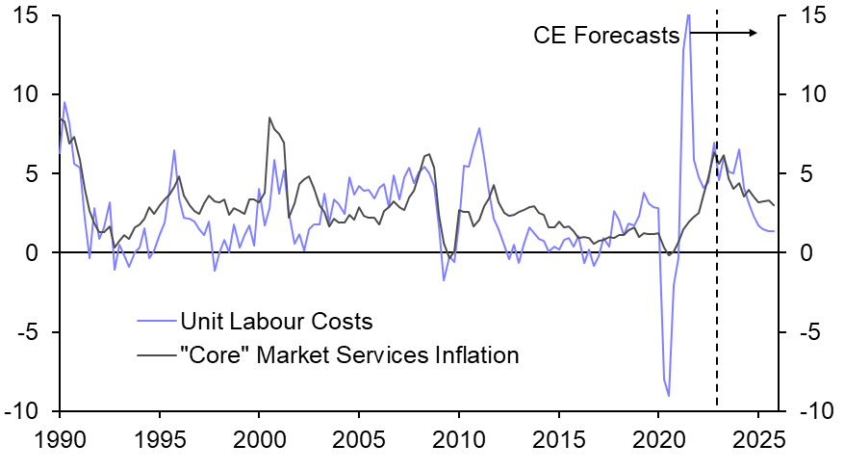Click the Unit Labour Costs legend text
(276, 321)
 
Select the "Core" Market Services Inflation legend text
(349, 355)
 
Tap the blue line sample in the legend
(153, 321)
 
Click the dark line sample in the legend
(153, 355)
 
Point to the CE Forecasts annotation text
(606, 36)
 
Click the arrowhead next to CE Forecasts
(755, 33)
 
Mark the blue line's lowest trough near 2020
(669, 396)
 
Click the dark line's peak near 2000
(269, 118)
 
